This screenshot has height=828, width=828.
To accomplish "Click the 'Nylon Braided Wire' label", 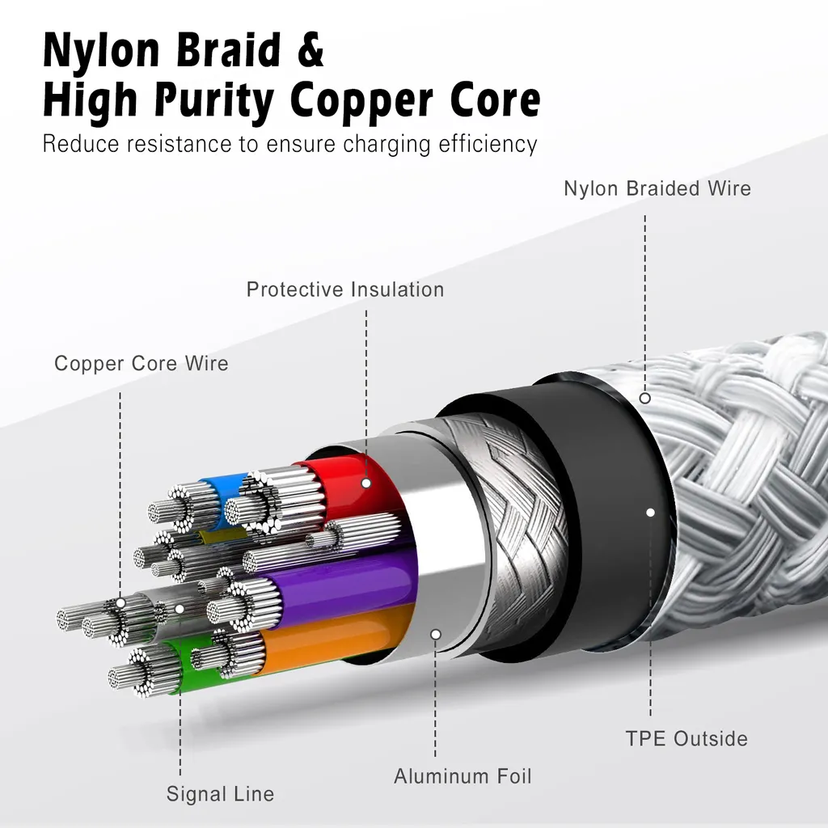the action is click(x=657, y=188).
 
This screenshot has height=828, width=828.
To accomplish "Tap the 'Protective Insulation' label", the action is click(x=345, y=289).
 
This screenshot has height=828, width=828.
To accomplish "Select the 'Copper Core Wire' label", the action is click(x=142, y=363).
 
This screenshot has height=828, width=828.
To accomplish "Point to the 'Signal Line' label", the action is click(x=220, y=794).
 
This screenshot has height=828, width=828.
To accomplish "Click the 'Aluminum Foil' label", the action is click(x=463, y=776).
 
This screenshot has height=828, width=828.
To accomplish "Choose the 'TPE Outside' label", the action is click(x=686, y=739).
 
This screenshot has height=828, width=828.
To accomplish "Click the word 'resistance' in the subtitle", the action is click(x=179, y=144).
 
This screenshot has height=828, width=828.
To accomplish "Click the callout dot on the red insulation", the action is click(x=366, y=483).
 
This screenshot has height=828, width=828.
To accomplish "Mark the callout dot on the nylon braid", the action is click(x=644, y=398).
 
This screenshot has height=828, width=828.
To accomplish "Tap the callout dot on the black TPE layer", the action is click(x=651, y=512).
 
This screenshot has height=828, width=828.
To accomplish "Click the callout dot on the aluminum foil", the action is click(x=436, y=634).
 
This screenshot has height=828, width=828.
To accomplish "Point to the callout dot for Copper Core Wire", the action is click(x=120, y=602).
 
